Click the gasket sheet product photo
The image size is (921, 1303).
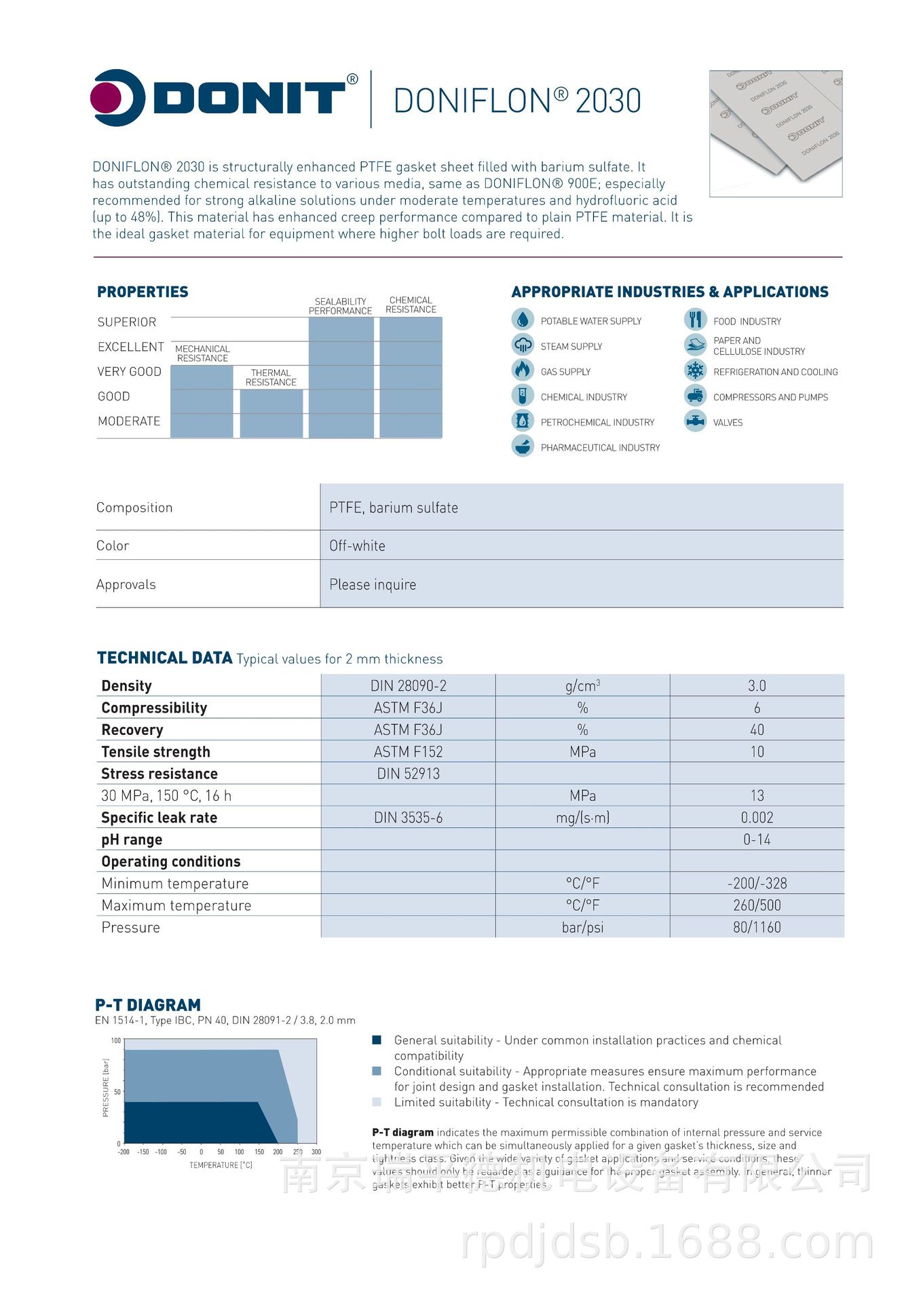pos(775,133)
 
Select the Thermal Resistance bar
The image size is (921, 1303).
pos(271,413)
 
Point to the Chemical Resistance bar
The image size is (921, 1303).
pos(411,377)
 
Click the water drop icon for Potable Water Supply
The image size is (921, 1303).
pos(522,320)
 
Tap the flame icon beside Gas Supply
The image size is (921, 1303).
pos(522,371)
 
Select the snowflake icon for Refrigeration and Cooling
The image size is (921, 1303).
pos(695,371)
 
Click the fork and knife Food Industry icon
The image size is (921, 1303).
pos(695,320)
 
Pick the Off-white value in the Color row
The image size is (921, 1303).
pos(357,546)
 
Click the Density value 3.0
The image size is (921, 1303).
pos(757,685)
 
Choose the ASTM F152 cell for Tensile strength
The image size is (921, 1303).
pos(408,751)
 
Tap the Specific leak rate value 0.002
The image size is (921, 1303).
pos(757,817)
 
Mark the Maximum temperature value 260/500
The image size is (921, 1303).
pos(757,905)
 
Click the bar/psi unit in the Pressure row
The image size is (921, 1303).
pos(582,927)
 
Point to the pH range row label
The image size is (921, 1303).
pos(132,839)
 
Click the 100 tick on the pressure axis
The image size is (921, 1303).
pos(116,1040)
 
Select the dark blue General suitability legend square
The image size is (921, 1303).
pos(377,1040)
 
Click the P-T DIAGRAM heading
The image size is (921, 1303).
pos(148,1005)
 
